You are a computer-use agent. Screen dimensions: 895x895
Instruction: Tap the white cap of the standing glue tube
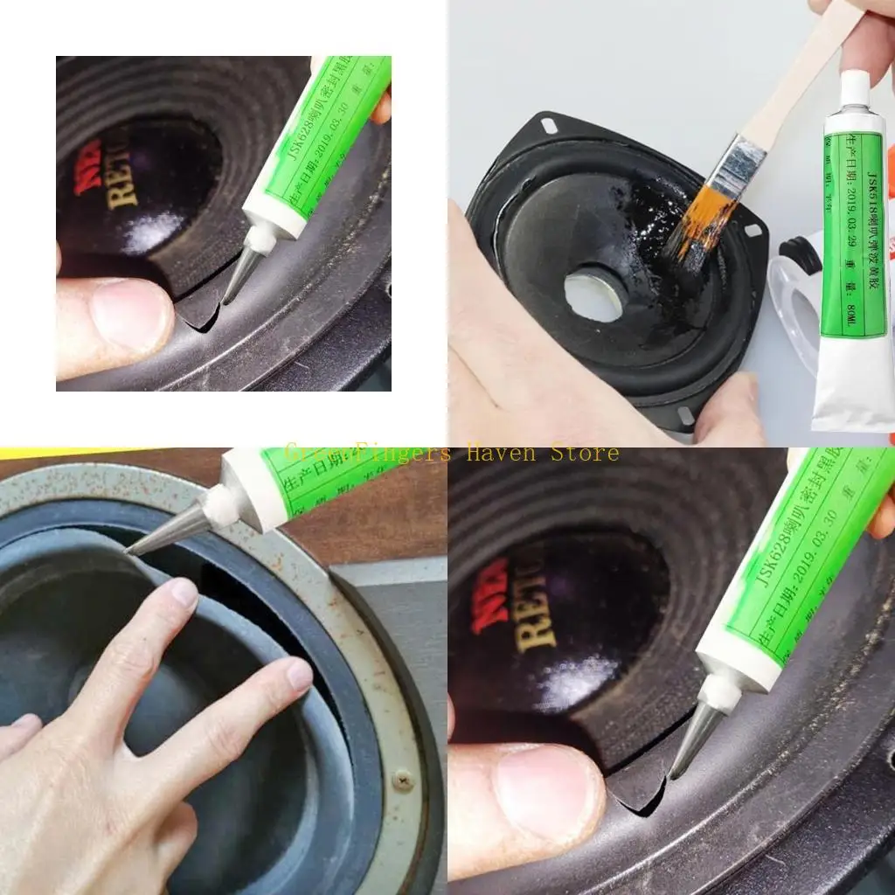click(x=855, y=88)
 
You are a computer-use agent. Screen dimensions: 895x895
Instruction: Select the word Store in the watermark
click(x=585, y=453)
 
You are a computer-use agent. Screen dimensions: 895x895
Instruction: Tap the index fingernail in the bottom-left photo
click(x=184, y=594)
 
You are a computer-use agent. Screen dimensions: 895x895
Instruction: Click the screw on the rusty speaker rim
click(x=403, y=781)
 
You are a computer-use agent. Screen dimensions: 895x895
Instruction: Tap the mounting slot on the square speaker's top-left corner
click(x=549, y=126)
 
